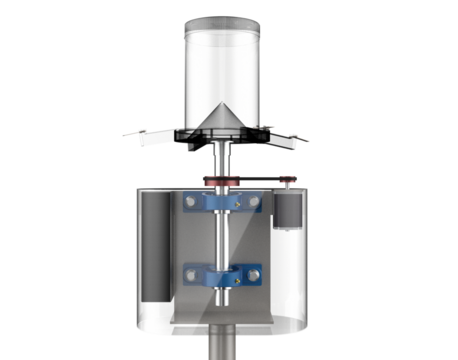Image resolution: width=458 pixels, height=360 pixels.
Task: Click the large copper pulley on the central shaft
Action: pyautogui.click(x=222, y=181)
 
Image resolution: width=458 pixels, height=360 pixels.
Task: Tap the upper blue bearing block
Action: pyautogui.click(x=222, y=205)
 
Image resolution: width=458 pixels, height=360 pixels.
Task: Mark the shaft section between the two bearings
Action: pyautogui.click(x=222, y=239)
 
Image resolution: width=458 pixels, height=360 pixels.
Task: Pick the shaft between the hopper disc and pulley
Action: pyautogui.click(x=222, y=160)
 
